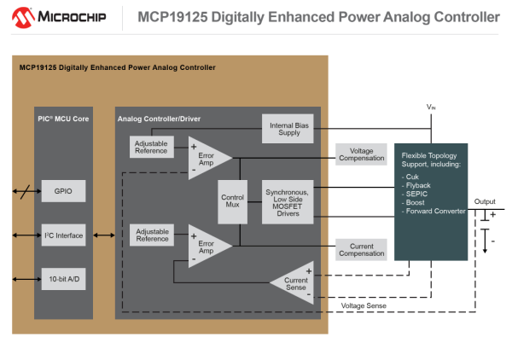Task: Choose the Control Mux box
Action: coord(232,203)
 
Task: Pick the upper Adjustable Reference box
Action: coord(153,147)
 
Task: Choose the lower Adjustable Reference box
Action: coord(153,235)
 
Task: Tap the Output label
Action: coord(484,201)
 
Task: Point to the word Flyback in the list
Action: coord(421,184)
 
